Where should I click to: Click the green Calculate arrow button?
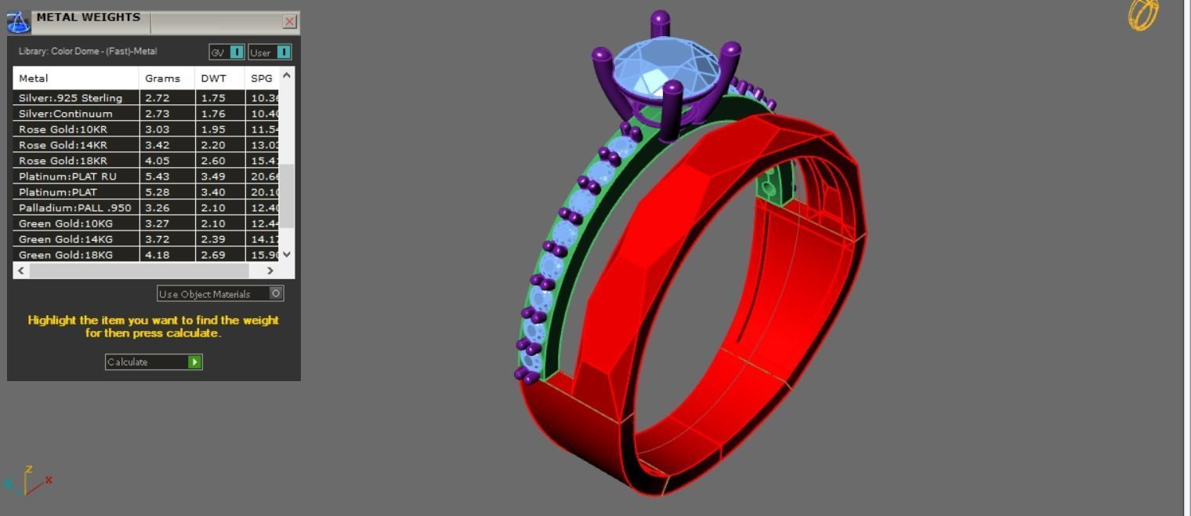click(x=195, y=362)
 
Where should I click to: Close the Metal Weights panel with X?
click(x=290, y=21)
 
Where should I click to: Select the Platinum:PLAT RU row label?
click(x=67, y=176)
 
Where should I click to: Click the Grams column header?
click(x=162, y=78)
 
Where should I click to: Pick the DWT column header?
click(x=213, y=78)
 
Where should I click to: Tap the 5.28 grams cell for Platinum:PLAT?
click(x=157, y=192)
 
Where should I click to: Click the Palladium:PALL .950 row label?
click(x=74, y=208)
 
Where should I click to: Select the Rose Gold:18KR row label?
click(x=63, y=161)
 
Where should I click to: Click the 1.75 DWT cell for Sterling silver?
click(x=213, y=98)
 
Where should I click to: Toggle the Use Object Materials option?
click(x=276, y=293)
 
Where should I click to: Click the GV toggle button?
click(x=237, y=53)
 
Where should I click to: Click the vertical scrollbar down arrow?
click(x=287, y=254)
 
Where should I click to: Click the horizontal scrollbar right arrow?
click(x=270, y=271)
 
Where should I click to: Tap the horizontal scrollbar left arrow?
click(x=21, y=271)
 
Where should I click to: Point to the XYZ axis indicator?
click(x=27, y=480)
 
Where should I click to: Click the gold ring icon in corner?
click(x=1142, y=15)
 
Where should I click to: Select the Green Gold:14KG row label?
click(x=65, y=239)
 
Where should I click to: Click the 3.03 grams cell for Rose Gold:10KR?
click(x=157, y=129)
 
